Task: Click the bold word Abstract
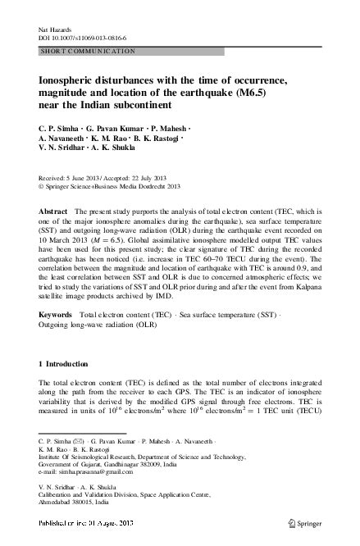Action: [x=55, y=212]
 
